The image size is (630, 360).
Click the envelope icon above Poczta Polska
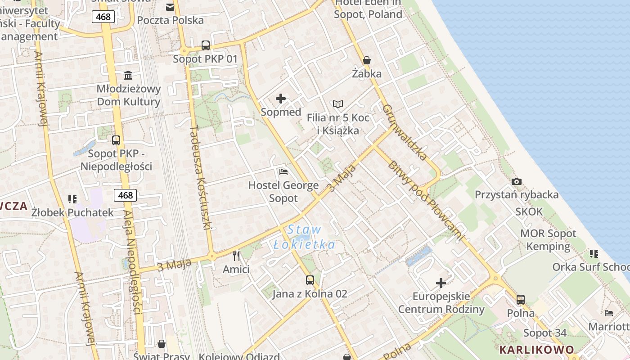click(170, 7)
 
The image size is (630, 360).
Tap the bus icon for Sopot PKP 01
click(206, 45)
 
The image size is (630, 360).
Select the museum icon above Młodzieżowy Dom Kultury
click(128, 75)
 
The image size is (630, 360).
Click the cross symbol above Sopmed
click(281, 99)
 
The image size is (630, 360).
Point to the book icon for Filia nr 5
click(338, 104)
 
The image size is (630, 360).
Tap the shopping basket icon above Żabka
click(367, 60)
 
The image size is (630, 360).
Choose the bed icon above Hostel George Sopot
click(283, 171)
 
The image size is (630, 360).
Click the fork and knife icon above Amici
click(236, 256)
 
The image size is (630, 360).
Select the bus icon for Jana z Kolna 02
click(310, 280)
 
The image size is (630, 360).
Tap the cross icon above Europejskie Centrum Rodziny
click(441, 283)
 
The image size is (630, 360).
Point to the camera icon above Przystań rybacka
click(517, 181)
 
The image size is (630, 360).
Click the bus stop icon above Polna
click(521, 299)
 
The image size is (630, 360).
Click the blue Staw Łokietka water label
click(305, 237)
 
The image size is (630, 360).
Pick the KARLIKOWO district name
click(536, 350)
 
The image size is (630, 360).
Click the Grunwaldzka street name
click(405, 132)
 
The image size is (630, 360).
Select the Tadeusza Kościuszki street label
click(201, 177)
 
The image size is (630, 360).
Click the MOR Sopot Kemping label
click(548, 240)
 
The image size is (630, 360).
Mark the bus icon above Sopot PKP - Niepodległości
click(116, 140)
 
